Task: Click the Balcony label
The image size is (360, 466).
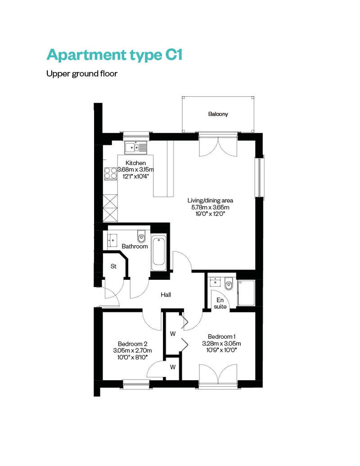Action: click(x=218, y=114)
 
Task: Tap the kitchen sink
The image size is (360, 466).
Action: click(x=136, y=147)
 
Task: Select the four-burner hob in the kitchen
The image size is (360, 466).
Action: click(x=110, y=174)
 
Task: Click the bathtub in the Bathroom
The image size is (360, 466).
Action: click(x=159, y=253)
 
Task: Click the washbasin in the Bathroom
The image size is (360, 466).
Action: click(x=112, y=240)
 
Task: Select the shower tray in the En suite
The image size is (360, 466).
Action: click(x=246, y=293)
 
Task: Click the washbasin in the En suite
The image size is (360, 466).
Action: click(x=215, y=282)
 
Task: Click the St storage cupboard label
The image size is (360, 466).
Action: click(x=113, y=266)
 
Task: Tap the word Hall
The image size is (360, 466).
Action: click(x=166, y=295)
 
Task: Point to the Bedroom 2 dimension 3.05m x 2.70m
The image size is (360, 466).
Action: click(x=132, y=351)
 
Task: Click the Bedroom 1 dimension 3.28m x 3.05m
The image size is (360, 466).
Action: click(x=221, y=344)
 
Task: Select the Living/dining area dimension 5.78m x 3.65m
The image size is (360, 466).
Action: click(x=210, y=207)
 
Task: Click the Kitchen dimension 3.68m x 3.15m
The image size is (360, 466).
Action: click(x=135, y=170)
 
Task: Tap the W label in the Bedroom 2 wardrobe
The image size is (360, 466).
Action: click(x=173, y=367)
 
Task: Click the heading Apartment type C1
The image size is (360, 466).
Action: click(x=114, y=55)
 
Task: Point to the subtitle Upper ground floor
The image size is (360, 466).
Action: click(x=82, y=74)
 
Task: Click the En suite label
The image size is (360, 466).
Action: click(x=220, y=303)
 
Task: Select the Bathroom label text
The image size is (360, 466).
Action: click(x=135, y=246)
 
